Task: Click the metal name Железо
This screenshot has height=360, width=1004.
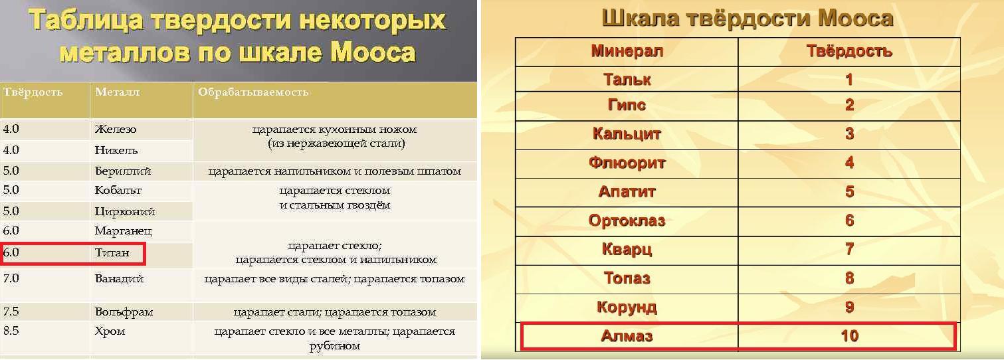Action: pos(115,130)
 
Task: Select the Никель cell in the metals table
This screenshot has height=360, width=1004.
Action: pos(116,150)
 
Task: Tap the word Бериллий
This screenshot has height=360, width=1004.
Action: pos(123,171)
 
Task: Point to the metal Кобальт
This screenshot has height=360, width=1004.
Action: pos(118,191)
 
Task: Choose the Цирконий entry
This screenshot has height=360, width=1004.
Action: pos(125,211)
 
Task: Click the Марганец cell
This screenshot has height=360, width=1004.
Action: pos(124,231)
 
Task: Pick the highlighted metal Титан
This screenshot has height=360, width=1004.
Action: pos(112,253)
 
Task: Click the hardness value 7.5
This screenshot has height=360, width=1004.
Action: pos(11,311)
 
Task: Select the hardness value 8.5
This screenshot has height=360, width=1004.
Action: pos(11,331)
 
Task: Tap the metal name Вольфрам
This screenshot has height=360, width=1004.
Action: pos(124,312)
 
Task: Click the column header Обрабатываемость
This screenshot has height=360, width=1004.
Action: pos(253,92)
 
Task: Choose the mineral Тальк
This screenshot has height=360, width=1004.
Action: pos(627,79)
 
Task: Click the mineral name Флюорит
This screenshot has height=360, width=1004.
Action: pos(627,163)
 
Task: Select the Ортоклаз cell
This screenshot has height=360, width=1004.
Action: pos(627,221)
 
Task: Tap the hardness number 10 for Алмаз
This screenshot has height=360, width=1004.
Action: pos(849,336)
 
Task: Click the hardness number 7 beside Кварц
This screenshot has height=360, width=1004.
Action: pos(849,249)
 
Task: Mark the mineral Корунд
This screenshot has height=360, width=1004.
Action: pos(627,308)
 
